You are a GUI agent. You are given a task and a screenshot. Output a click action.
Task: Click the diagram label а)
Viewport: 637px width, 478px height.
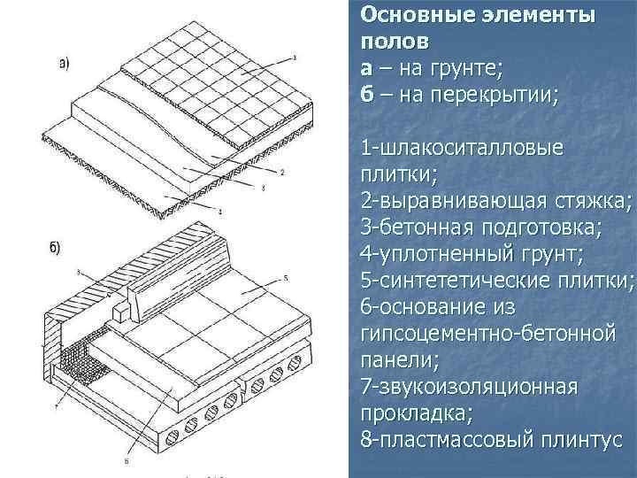[65, 63]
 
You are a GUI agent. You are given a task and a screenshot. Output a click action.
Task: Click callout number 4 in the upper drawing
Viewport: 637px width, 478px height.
[219, 210]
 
